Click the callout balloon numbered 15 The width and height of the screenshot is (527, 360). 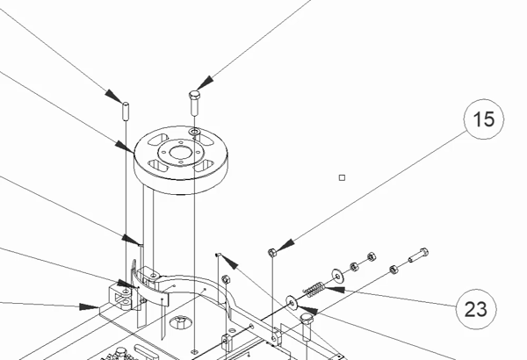pos(484,120)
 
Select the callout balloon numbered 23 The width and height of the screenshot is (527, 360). pos(475,308)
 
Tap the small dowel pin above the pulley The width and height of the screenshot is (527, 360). pos(126,112)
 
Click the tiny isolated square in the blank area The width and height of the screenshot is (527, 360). pos(343,177)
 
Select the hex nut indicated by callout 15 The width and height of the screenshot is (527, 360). pos(272,253)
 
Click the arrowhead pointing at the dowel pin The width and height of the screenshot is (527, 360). pos(113,93)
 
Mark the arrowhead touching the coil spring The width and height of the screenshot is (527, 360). pos(336,291)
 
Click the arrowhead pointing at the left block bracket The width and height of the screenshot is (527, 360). pos(90,307)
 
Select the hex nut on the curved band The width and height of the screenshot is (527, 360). pos(225,280)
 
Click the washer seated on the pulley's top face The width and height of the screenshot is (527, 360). pos(194,134)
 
